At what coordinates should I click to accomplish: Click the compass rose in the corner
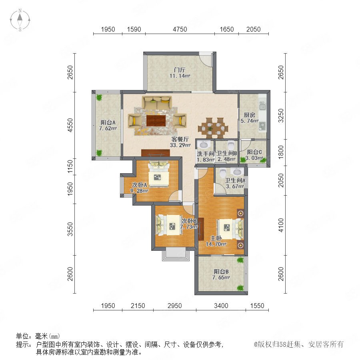point(20,20)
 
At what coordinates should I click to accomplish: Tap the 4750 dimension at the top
point(180,29)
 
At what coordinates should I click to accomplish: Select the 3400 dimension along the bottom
point(221,306)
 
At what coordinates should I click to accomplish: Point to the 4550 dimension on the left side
point(70,125)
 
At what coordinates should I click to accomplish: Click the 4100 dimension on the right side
point(281,225)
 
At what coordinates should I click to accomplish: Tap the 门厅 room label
point(180,70)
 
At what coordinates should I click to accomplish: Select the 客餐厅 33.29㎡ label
point(180,142)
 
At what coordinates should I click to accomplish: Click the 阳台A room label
point(108,122)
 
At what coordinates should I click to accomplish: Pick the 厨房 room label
point(249,115)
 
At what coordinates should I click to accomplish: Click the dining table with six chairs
point(213,128)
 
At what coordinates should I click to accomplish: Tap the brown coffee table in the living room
point(156,120)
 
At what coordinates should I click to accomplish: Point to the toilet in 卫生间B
point(230,145)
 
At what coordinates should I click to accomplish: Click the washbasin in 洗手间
point(204,145)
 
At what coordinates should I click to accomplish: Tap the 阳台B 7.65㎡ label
point(221,274)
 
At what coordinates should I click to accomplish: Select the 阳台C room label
point(254,152)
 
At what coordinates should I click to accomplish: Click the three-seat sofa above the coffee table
point(157,102)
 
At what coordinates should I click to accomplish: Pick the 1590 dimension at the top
point(134,29)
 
